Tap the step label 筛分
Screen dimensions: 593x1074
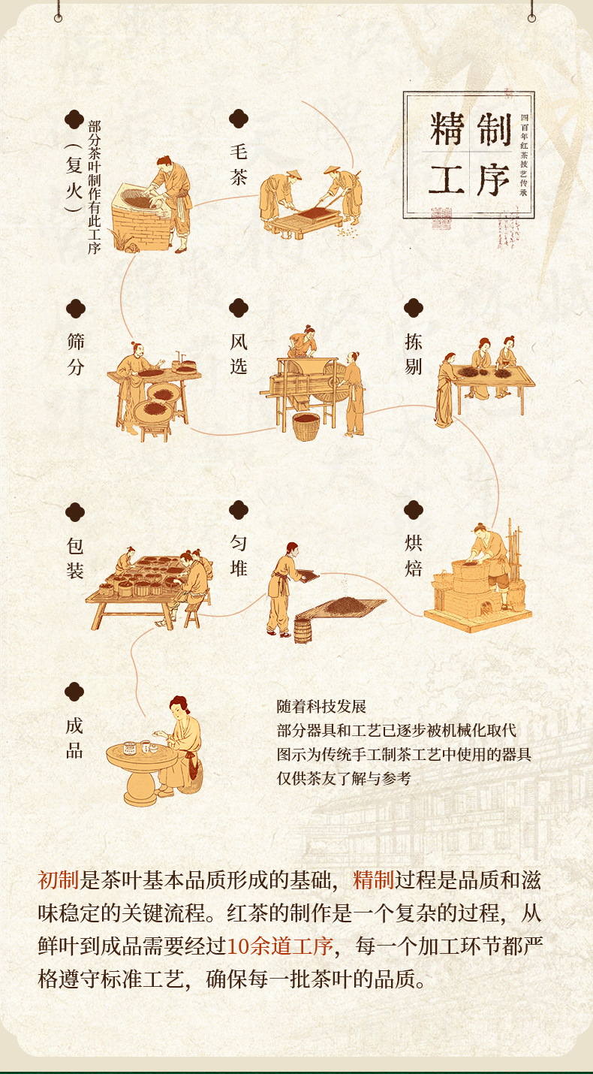[75, 354]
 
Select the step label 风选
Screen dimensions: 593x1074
[238, 354]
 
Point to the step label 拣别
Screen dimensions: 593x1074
[414, 354]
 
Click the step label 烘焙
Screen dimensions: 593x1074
[414, 556]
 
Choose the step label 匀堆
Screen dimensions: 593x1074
[238, 556]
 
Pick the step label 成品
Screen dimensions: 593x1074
[74, 738]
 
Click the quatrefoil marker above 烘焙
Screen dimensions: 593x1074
[414, 510]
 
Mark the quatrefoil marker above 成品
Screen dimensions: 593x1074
[74, 692]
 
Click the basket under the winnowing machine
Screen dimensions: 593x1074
[306, 427]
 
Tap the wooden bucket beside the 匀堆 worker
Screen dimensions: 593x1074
[303, 632]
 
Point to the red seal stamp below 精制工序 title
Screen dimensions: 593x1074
[441, 218]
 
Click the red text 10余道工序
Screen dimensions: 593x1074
[279, 946]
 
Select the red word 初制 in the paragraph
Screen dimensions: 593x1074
[58, 879]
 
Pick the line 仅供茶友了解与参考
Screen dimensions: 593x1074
[344, 778]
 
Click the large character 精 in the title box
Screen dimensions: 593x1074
[447, 129]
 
